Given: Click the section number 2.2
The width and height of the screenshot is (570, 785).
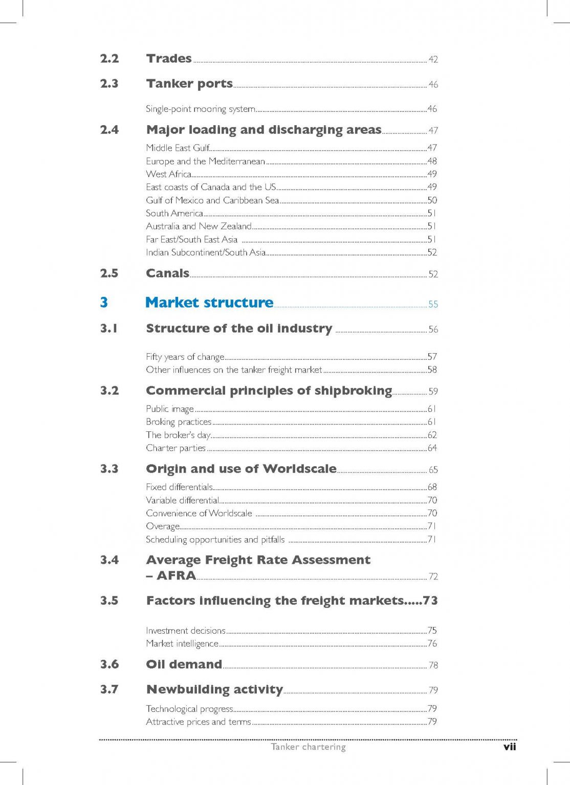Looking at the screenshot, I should point(109,59).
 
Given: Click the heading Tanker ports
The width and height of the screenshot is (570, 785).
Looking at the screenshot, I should point(189,84).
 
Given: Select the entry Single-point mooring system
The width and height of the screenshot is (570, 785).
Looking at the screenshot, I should point(200,109).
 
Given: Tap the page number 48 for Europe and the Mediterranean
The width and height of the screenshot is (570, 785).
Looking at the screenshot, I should point(432,161).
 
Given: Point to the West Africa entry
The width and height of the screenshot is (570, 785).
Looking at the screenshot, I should point(168,174).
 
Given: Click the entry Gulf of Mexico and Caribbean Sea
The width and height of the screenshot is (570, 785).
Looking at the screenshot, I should point(212,200).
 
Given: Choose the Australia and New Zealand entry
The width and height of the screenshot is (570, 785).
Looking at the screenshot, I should point(199,226).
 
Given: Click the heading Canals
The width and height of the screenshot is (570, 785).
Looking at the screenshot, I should point(167,273).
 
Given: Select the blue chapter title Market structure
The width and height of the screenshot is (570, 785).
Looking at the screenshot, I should point(209,303).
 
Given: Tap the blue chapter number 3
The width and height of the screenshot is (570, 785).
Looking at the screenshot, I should point(104,303).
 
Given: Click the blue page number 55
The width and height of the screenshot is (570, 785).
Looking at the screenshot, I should point(433,304).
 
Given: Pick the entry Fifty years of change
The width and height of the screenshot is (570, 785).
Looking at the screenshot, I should point(185,357).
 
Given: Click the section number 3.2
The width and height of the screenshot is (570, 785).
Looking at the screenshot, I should point(109,391).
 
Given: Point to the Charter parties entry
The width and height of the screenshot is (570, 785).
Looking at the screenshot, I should point(176,448).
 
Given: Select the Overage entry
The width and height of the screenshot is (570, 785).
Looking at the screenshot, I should point(163,526).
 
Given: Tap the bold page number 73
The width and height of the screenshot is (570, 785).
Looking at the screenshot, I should point(430,601).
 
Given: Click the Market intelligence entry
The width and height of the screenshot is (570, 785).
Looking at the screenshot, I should point(182,644).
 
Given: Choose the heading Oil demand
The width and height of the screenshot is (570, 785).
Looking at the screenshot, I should point(184,664).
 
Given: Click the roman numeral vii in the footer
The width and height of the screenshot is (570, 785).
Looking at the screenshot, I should point(510,747).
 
